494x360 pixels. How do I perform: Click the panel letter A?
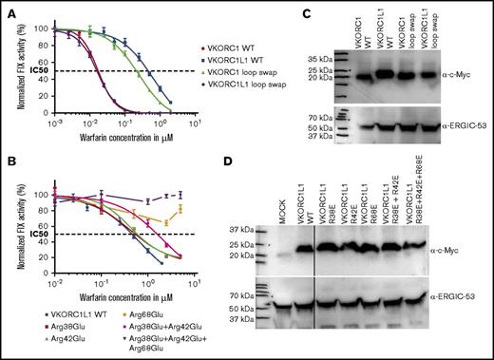coord(7,8)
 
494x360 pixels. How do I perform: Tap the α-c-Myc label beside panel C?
coord(460,72)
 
